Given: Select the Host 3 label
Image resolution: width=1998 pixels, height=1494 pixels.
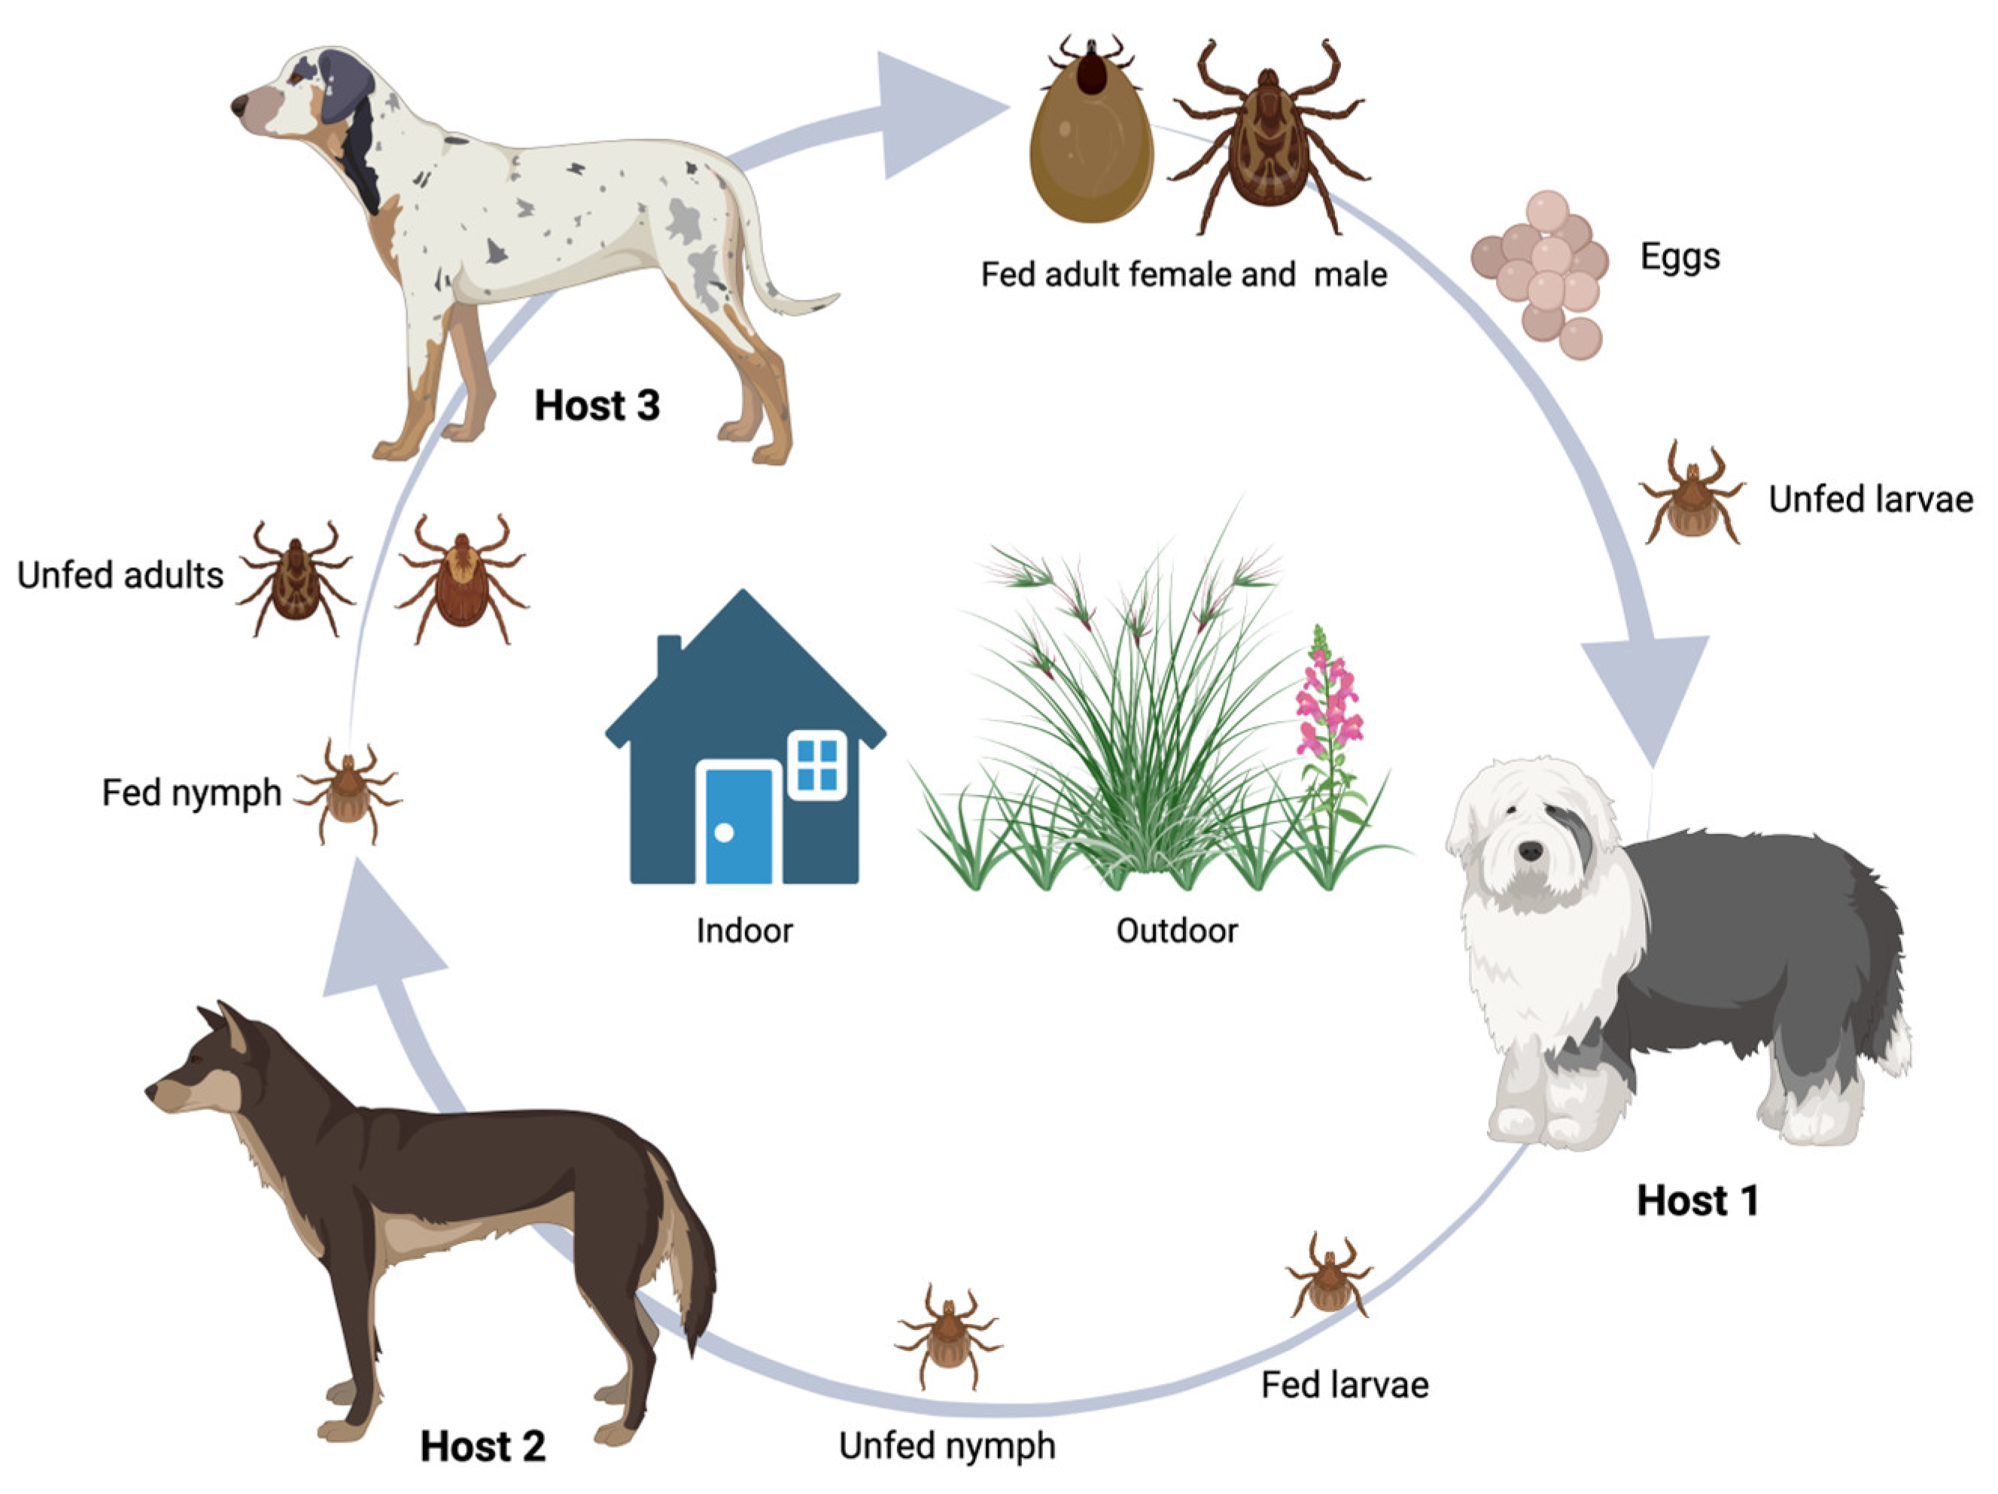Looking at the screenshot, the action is [597, 406].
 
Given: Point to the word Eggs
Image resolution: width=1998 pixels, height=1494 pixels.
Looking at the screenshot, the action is [1680, 257].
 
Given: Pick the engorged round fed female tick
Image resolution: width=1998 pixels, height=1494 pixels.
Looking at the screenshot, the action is [1091, 145].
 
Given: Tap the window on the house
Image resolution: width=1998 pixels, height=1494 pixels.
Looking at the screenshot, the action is [817, 765].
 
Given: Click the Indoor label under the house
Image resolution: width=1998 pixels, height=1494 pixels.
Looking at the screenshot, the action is [744, 931].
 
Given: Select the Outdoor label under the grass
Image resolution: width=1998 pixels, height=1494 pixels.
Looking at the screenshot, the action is [1177, 931].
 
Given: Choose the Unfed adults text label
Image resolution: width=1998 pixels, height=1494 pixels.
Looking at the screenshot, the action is [120, 575].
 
